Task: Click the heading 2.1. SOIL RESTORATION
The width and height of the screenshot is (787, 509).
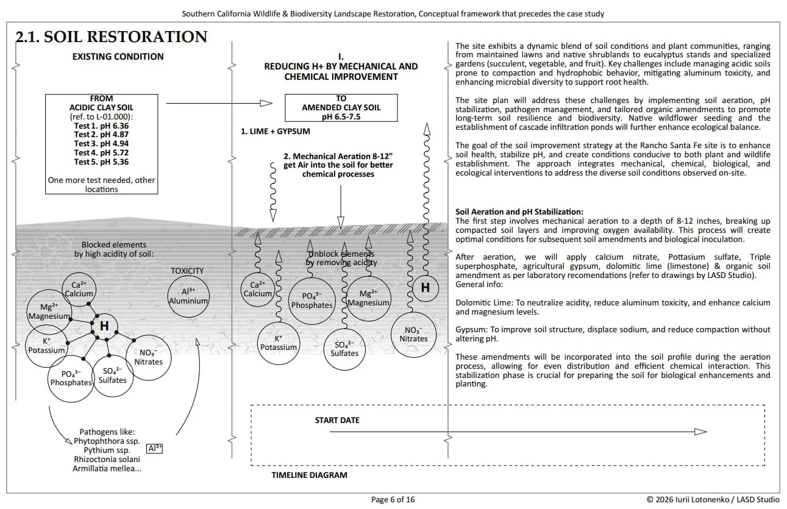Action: click(x=112, y=37)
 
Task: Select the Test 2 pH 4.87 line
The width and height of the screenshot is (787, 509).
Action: click(x=101, y=135)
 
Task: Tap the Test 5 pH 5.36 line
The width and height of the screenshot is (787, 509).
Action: click(x=101, y=162)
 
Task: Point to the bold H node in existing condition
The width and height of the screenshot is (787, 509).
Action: click(x=104, y=326)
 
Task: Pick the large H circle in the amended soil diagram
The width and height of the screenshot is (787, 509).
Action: click(x=425, y=288)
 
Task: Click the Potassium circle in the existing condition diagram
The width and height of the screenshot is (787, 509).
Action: click(x=46, y=346)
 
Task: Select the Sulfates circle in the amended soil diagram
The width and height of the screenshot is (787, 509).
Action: click(x=344, y=349)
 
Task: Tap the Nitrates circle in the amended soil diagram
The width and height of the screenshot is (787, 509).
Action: click(x=413, y=334)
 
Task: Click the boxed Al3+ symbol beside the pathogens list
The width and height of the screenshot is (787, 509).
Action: click(x=155, y=448)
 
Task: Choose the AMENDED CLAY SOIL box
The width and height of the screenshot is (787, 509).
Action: click(x=341, y=107)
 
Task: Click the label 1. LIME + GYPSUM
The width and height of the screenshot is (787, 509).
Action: click(x=275, y=131)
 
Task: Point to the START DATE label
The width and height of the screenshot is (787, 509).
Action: click(x=337, y=420)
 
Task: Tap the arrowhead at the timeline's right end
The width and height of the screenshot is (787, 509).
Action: click(x=700, y=432)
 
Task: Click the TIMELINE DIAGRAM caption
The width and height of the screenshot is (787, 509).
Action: click(x=309, y=475)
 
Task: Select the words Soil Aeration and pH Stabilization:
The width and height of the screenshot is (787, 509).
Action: click(x=519, y=212)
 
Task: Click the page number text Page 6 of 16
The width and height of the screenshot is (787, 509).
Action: click(x=393, y=499)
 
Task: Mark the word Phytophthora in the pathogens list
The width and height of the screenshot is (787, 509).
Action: click(x=101, y=441)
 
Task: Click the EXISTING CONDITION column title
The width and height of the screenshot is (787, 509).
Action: click(x=118, y=57)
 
